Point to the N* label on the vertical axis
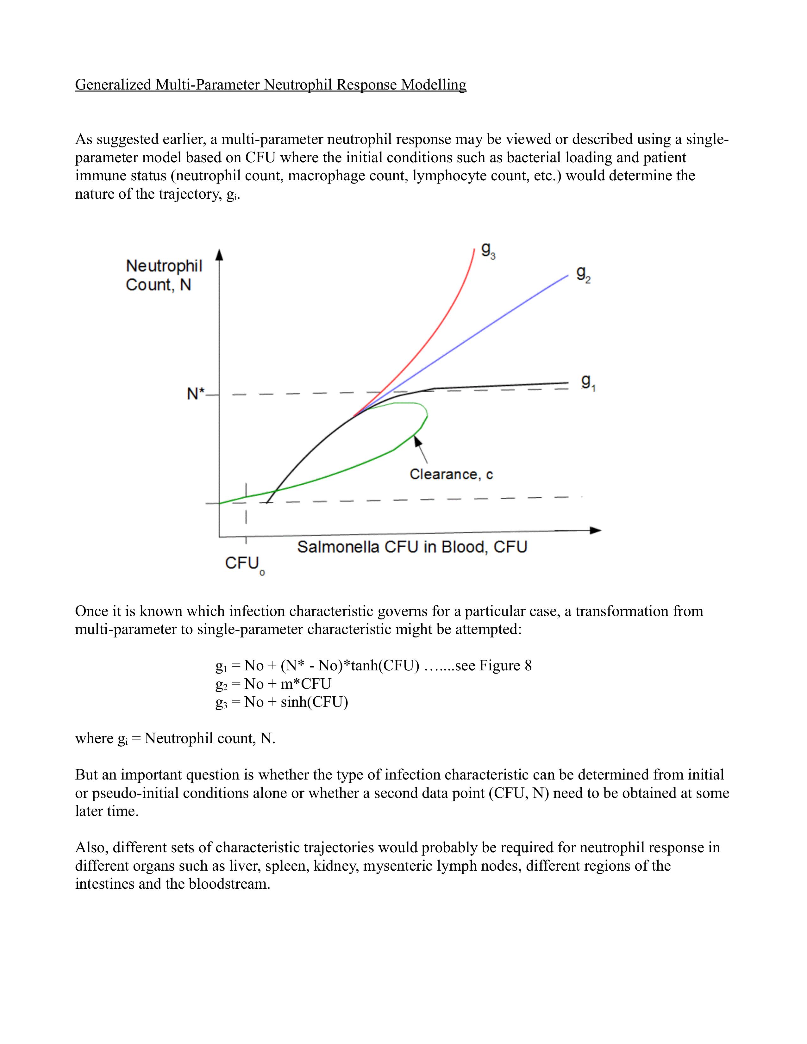click(196, 394)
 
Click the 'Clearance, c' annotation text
click(451, 474)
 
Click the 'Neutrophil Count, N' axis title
click(164, 275)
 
